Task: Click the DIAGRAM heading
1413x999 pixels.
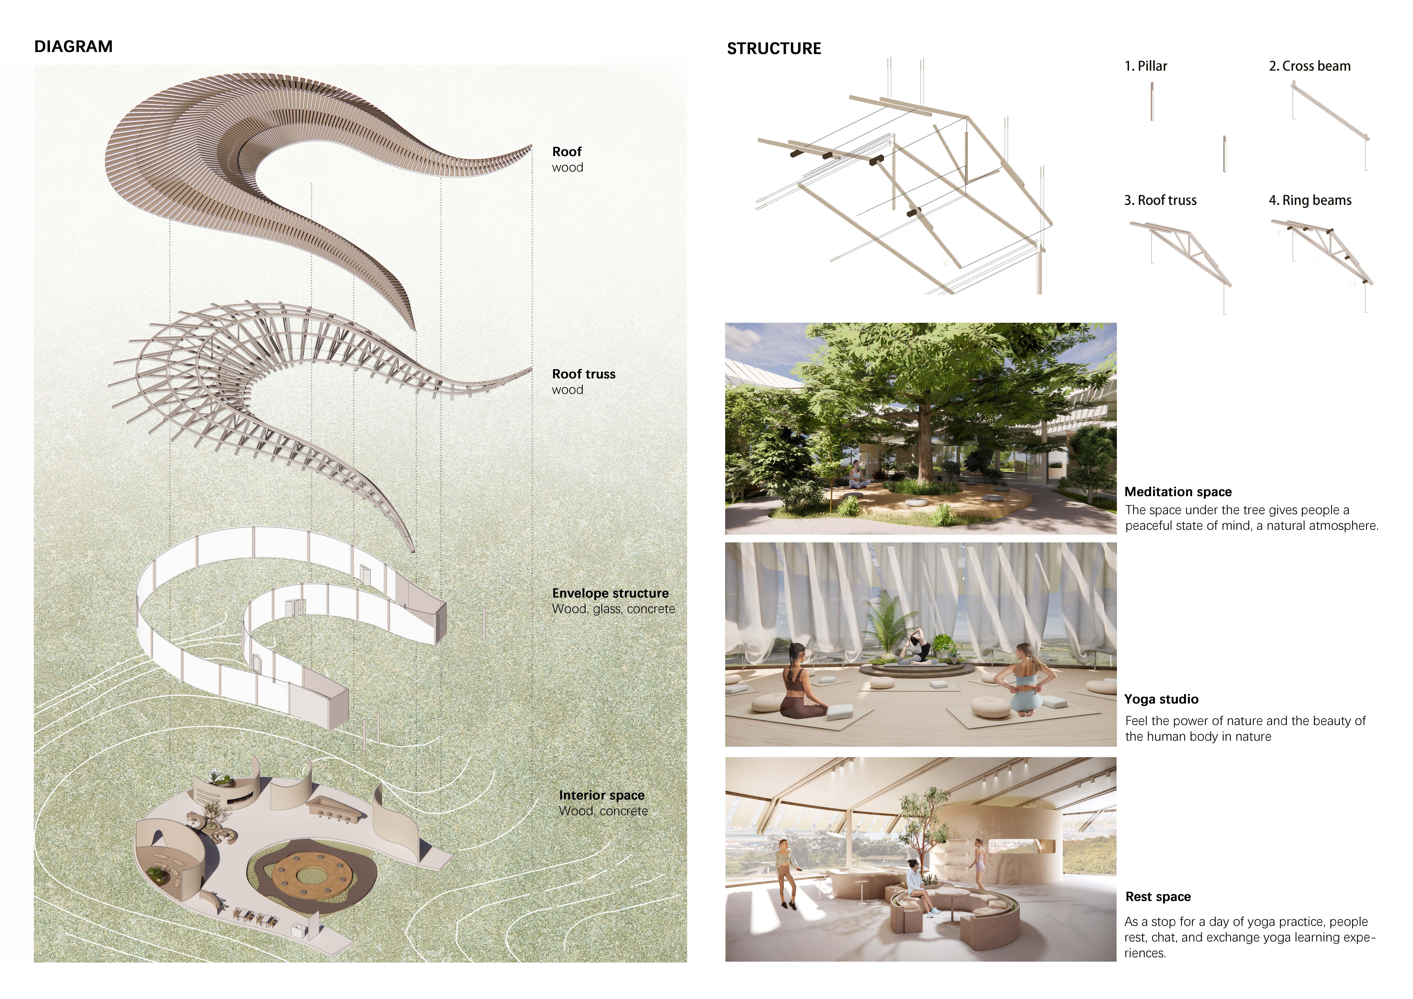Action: click(x=73, y=47)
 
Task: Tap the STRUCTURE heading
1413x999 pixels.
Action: click(x=774, y=49)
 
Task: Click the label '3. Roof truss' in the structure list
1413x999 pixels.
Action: click(x=1160, y=200)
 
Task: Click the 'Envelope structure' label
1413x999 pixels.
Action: click(x=610, y=593)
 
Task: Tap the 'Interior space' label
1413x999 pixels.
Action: click(x=601, y=795)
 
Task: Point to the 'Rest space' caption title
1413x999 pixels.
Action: click(x=1158, y=897)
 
